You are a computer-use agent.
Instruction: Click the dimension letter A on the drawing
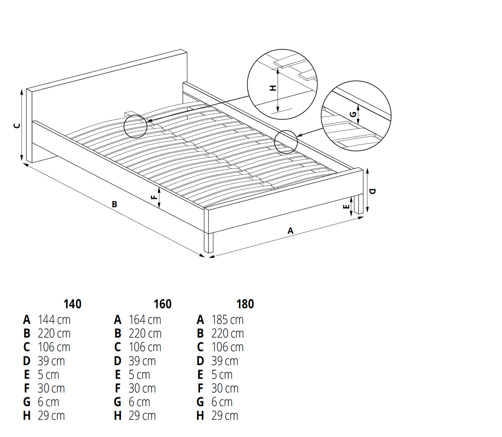tap(290, 231)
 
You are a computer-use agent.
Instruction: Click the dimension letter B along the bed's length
tap(114, 204)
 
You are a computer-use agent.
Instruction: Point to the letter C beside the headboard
tap(17, 126)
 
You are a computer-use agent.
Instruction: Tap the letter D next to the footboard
tap(372, 191)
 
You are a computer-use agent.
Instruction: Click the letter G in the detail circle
tap(353, 114)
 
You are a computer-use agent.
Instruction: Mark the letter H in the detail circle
tap(273, 88)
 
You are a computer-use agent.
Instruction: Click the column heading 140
tap(73, 304)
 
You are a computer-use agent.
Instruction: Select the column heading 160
tap(162, 304)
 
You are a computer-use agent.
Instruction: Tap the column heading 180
tap(245, 304)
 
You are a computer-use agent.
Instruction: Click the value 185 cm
tap(228, 320)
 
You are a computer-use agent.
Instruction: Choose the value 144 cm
tap(54, 320)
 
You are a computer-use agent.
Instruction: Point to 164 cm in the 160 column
tap(145, 320)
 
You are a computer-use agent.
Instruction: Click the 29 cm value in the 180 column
tap(225, 416)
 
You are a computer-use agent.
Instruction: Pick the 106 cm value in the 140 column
tap(54, 347)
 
